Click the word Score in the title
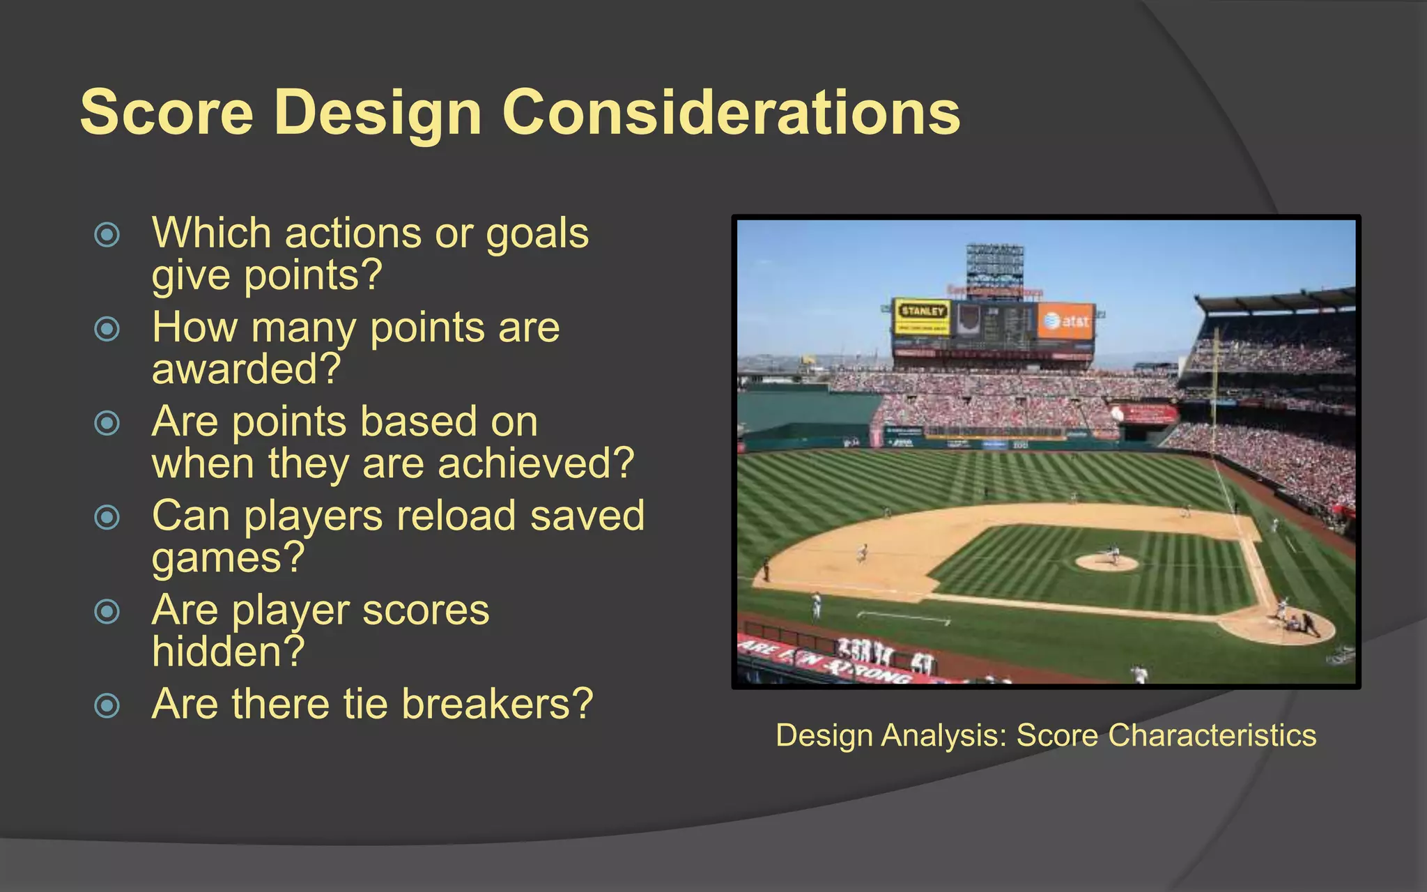(x=167, y=112)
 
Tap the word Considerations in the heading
(x=731, y=112)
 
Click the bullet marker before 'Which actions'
(x=107, y=235)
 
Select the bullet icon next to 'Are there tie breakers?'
(x=107, y=705)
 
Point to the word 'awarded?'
(x=246, y=369)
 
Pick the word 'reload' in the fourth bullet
(x=456, y=516)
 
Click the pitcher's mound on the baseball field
(x=1106, y=562)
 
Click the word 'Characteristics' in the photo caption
(x=1212, y=735)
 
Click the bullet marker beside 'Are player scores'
(x=107, y=612)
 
